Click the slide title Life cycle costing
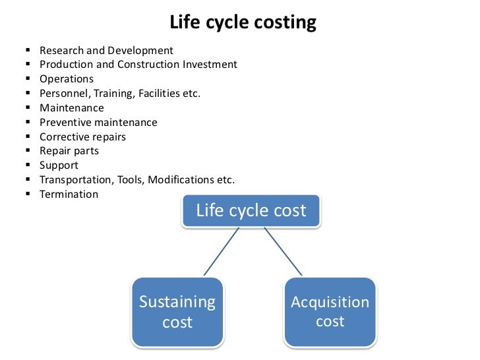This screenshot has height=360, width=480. pyautogui.click(x=243, y=23)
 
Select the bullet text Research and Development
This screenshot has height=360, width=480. pyautogui.click(x=106, y=50)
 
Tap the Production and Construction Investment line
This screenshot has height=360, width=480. pyautogui.click(x=138, y=65)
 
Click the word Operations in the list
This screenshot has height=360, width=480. pyautogui.click(x=67, y=79)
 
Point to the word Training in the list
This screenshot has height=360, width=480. pyautogui.click(x=115, y=94)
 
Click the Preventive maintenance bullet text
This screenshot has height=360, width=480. pyautogui.click(x=98, y=123)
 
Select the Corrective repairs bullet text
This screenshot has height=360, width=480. pyautogui.click(x=82, y=137)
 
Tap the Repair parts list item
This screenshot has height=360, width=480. pyautogui.click(x=69, y=151)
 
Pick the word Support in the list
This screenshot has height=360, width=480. pyautogui.click(x=59, y=165)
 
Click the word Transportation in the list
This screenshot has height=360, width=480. pyautogui.click(x=75, y=180)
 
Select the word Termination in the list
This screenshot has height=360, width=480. pyautogui.click(x=69, y=195)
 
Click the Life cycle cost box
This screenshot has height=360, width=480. pyautogui.click(x=251, y=211)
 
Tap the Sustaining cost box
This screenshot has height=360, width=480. pyautogui.click(x=177, y=312)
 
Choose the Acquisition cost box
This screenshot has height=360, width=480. pyautogui.click(x=330, y=312)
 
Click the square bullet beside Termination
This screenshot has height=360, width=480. pyautogui.click(x=27, y=195)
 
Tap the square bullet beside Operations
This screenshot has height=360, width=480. pyautogui.click(x=27, y=79)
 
